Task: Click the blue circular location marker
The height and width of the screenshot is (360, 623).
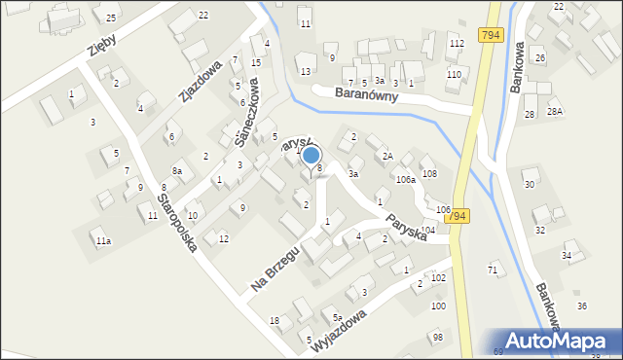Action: click(311, 154)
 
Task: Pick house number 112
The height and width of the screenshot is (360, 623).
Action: click(456, 45)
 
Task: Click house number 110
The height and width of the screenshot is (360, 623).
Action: click(454, 75)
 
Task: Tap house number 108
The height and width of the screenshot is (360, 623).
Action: click(429, 173)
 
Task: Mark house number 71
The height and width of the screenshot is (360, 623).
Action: click(493, 269)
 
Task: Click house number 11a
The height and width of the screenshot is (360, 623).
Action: click(102, 240)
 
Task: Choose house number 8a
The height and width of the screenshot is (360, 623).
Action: click(177, 170)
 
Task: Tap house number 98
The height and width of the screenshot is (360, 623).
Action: click(437, 336)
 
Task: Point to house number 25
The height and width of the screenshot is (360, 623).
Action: click(111, 18)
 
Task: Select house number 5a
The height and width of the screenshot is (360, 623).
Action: click(337, 317)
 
